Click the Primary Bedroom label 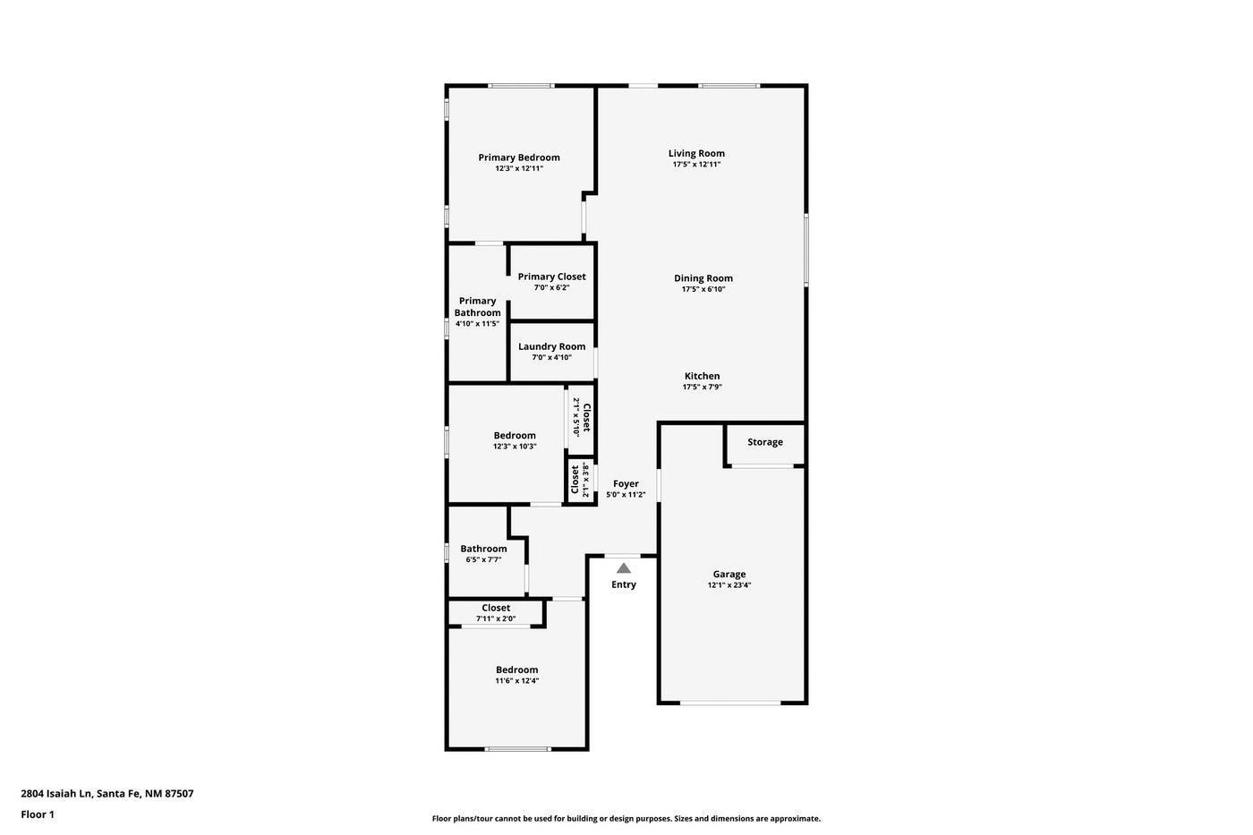[x=518, y=158]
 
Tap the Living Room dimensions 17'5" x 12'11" [x=696, y=165]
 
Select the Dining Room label [x=703, y=278]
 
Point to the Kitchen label [x=702, y=376]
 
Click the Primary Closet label [x=551, y=277]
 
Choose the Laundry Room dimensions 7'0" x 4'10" [x=551, y=357]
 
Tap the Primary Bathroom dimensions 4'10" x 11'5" [x=477, y=323]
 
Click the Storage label [x=764, y=442]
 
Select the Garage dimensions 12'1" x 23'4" [x=729, y=585]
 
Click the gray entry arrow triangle [x=624, y=569]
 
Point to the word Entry [x=623, y=584]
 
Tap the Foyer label [x=626, y=484]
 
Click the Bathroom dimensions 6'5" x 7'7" [x=483, y=559]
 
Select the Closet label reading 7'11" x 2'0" [x=496, y=608]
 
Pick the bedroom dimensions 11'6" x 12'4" [x=517, y=681]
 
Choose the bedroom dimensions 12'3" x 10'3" [x=515, y=447]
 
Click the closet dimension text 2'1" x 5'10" [x=575, y=417]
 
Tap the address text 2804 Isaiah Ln [x=55, y=793]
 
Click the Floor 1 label [x=38, y=814]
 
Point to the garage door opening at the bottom [x=730, y=703]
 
